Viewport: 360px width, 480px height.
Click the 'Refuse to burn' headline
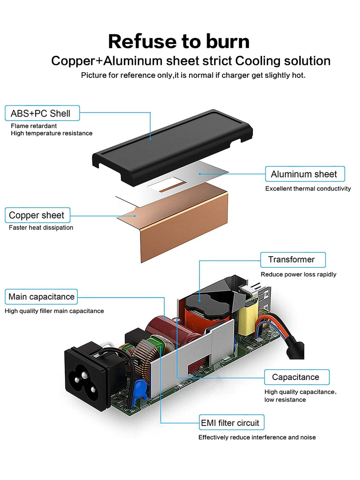point(179,41)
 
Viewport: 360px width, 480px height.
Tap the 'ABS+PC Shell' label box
point(41,113)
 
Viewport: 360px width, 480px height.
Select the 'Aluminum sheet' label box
point(304,174)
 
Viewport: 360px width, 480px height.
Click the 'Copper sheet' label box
point(37,215)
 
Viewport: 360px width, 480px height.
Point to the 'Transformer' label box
point(292,259)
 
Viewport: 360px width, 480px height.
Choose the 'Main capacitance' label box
point(41,297)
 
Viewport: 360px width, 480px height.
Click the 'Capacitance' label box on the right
point(296,377)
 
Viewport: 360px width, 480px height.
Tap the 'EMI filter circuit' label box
point(230,423)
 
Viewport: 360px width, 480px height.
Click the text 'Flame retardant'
point(34,126)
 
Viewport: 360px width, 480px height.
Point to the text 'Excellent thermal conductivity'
point(308,189)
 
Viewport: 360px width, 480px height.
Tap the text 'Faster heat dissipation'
point(41,228)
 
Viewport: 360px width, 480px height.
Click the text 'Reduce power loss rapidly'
point(298,274)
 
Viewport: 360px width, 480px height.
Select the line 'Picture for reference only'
point(193,75)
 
